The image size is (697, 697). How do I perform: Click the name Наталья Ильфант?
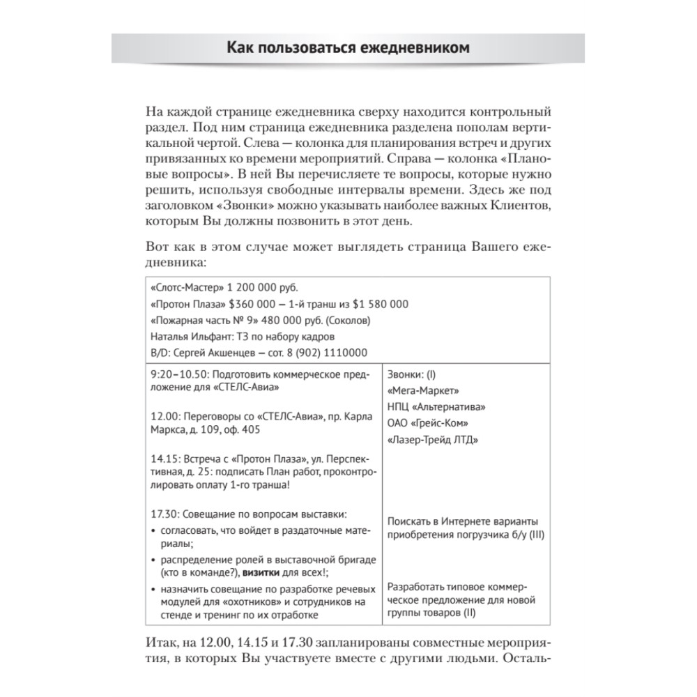pyautogui.click(x=183, y=336)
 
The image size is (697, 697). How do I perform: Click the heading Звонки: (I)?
pyautogui.click(x=411, y=374)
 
